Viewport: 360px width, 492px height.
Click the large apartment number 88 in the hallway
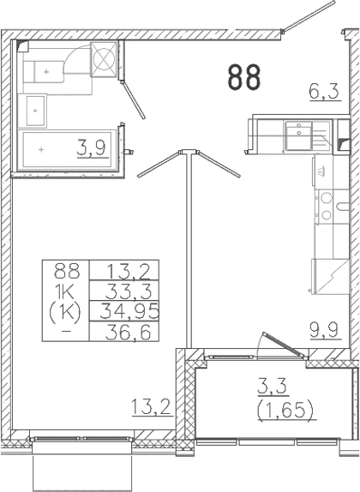coord(243,78)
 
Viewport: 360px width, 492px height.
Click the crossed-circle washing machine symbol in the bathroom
coord(104,59)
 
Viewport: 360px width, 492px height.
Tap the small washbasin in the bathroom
coord(36,109)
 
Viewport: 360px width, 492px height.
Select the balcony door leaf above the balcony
coord(277,344)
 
